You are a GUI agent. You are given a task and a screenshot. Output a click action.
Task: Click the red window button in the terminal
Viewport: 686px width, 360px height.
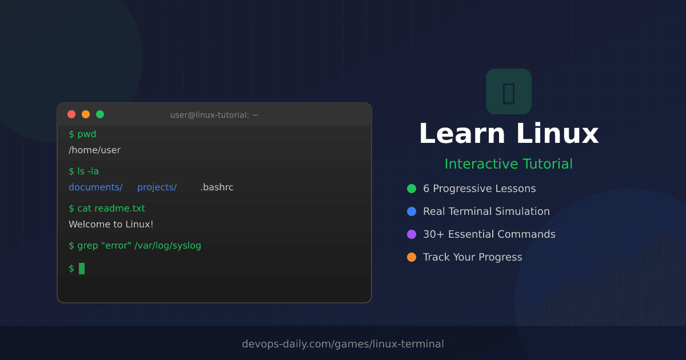coord(71,114)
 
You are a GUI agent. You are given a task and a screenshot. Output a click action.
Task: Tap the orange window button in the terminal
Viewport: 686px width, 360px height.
coord(86,114)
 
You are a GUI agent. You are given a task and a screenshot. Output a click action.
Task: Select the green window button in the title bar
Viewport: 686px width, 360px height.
coord(100,114)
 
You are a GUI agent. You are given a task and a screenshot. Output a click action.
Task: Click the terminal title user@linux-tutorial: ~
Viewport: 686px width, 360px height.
coord(214,115)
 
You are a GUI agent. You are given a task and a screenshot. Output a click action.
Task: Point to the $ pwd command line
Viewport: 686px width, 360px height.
coord(82,134)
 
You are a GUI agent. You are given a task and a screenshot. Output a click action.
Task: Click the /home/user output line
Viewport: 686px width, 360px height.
coord(94,150)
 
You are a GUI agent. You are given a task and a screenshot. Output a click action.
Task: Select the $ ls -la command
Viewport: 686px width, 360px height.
coord(83,171)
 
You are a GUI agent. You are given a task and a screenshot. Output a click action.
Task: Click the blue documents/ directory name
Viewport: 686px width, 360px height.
coord(95,187)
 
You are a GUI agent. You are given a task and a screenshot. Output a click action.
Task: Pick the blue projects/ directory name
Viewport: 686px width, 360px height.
coord(157,187)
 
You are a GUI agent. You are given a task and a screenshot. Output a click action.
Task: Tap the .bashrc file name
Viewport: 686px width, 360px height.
coord(217,187)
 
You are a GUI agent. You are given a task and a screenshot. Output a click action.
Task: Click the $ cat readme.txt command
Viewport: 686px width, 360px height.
coord(107,209)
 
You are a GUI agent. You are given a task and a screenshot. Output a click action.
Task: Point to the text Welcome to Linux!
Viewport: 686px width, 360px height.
coord(111,225)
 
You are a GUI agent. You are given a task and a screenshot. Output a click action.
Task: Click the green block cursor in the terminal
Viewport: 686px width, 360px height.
coord(82,269)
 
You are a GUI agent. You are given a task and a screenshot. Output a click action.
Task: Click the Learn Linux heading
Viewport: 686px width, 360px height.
coord(508,134)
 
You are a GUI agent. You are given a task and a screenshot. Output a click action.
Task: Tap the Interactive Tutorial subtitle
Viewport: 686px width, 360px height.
coord(508,164)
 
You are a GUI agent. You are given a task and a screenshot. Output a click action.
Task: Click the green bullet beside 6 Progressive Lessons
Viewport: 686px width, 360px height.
coord(412,189)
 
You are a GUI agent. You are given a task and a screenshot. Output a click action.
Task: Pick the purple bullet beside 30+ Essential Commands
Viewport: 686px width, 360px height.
coord(412,234)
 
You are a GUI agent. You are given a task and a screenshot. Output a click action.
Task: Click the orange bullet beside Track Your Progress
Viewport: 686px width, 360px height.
coord(412,257)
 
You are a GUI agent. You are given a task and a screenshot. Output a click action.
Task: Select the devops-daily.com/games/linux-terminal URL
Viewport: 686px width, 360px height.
coord(342,344)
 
